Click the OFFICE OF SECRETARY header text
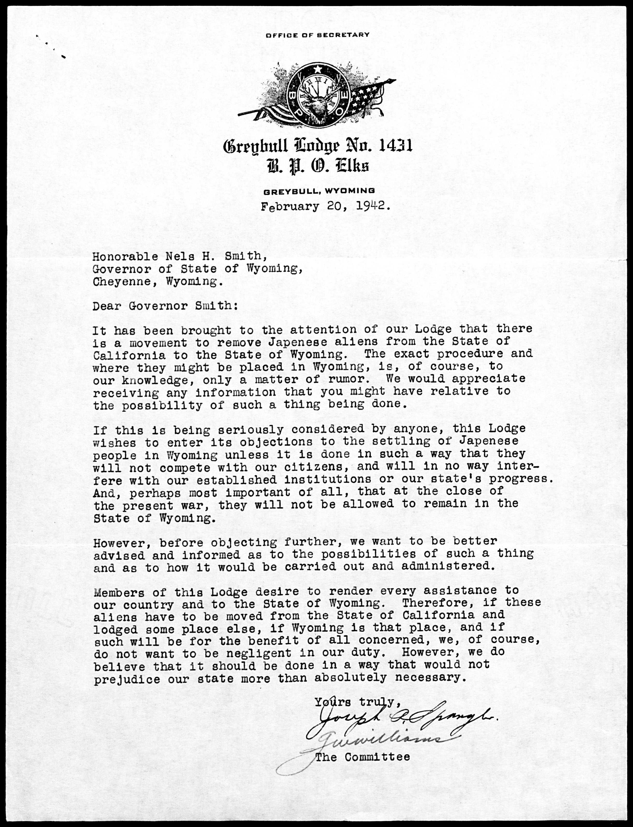317,35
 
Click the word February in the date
290,207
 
